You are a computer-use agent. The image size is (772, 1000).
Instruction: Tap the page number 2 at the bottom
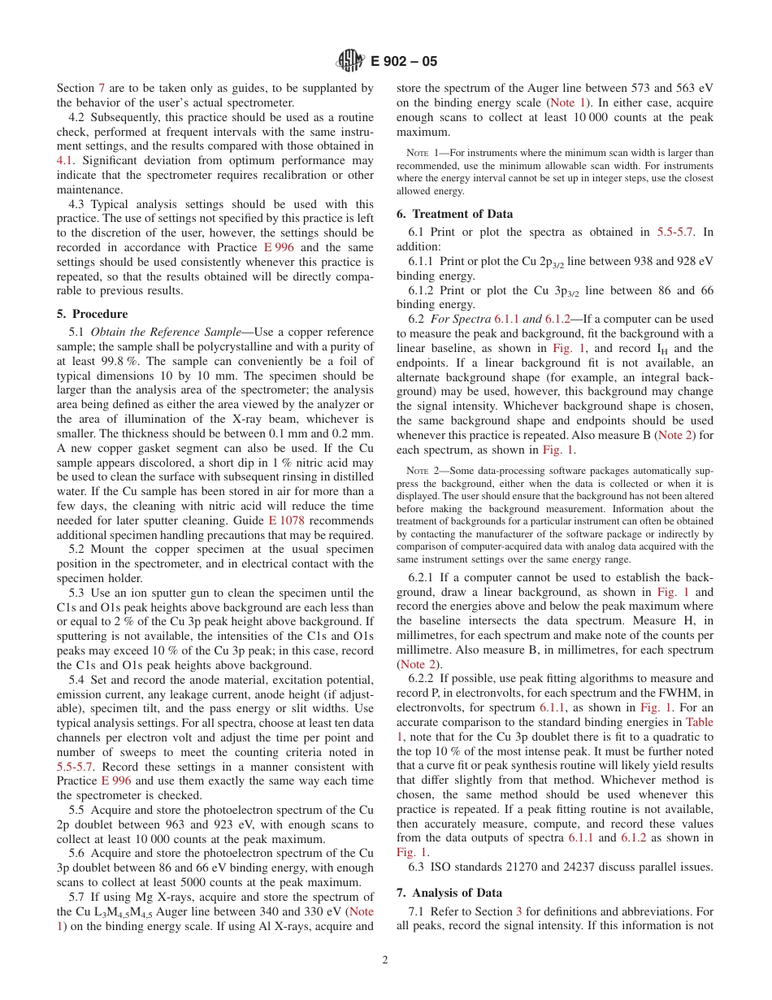tap(385, 959)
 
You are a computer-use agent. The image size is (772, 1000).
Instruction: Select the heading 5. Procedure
tap(92, 314)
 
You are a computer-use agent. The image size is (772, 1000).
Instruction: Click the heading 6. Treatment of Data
tap(454, 214)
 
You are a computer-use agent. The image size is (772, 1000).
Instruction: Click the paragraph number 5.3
tap(77, 593)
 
